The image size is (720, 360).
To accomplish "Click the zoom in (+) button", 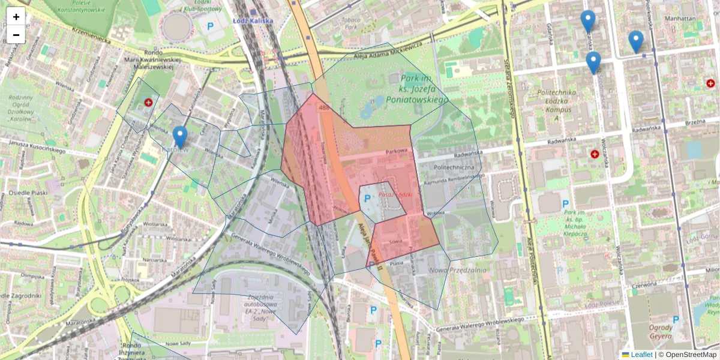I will (x=16, y=17).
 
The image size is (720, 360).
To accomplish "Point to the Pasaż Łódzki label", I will (x=394, y=185).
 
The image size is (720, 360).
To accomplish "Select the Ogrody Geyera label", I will (x=660, y=332).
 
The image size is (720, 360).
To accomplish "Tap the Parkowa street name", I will (x=397, y=151).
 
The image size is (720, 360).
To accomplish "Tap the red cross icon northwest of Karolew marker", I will (x=148, y=103).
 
